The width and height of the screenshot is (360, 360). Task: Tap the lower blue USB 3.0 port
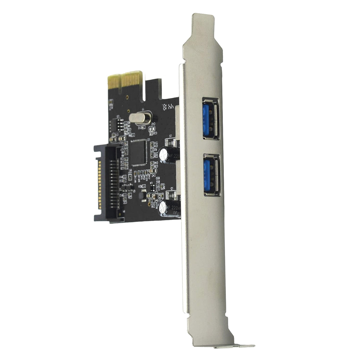tap(212, 175)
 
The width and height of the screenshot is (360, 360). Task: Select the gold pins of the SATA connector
tap(98, 183)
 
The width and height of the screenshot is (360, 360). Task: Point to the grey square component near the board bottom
tap(142, 195)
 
